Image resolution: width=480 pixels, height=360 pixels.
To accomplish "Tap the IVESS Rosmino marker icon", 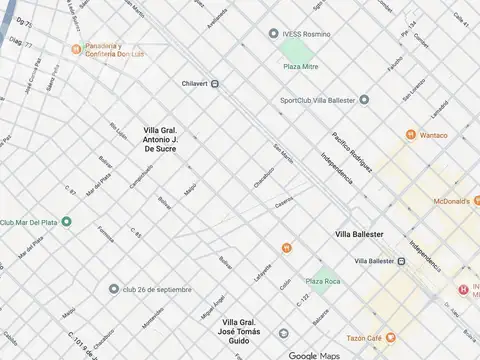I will pos(273,33).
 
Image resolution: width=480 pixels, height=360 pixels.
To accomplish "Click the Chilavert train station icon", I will pos(215,84).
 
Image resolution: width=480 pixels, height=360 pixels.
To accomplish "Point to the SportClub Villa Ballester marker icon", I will pos(364,99).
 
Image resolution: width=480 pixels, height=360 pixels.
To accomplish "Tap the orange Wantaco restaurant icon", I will pos(410,135).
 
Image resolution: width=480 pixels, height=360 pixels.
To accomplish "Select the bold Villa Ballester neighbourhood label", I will pos(359,234).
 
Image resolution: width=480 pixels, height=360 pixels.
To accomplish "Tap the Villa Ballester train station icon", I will pos(401,261).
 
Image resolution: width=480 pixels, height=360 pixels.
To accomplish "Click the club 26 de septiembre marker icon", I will pos(115,289).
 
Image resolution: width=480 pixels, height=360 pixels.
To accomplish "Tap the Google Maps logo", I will pos(316,355).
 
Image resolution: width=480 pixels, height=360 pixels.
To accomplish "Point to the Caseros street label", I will pos(285,203).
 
